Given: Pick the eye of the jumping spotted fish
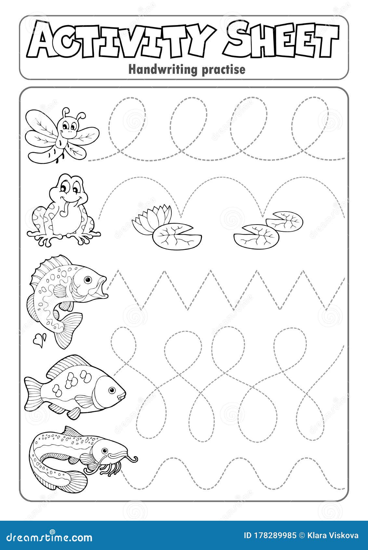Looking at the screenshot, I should pyautogui.click(x=87, y=280).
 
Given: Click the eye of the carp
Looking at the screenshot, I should pyautogui.click(x=112, y=390).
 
